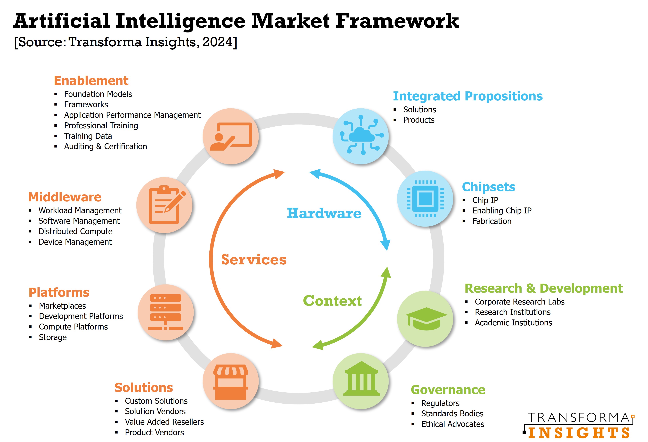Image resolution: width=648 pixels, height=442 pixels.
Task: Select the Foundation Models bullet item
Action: pyautogui.click(x=98, y=94)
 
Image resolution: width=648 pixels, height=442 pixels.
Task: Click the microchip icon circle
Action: pyautogui.click(x=425, y=199)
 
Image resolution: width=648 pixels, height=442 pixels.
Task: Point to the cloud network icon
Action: pyautogui.click(x=361, y=136)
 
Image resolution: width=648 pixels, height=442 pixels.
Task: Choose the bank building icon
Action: pyautogui.click(x=361, y=381)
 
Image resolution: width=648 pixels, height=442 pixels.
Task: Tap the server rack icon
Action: pyautogui.click(x=166, y=312)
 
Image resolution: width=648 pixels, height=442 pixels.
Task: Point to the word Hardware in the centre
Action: pyautogui.click(x=324, y=213)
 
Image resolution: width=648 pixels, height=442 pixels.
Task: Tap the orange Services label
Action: pyautogui.click(x=254, y=259)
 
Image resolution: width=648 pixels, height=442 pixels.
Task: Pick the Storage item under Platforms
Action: pyautogui.click(x=53, y=337)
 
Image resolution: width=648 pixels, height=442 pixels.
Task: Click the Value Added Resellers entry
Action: pyautogui.click(x=164, y=422)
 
